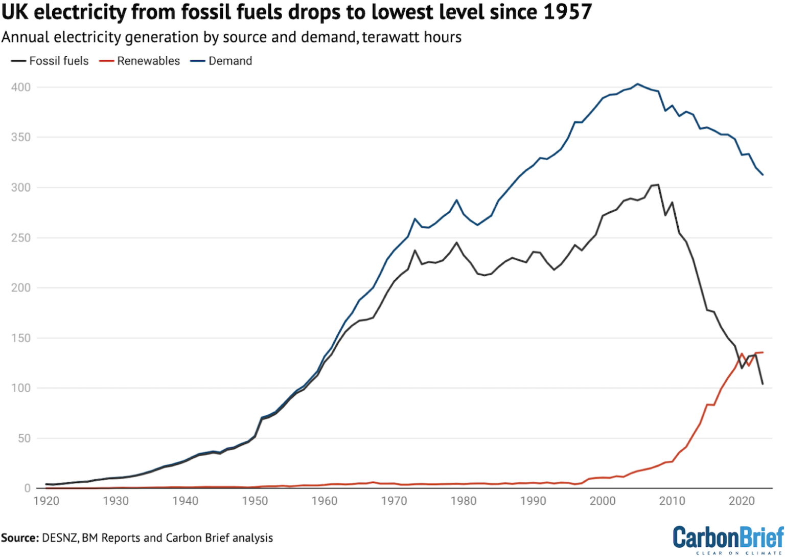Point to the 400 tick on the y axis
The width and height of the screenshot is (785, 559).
click(x=21, y=87)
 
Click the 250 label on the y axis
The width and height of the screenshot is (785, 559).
click(x=21, y=238)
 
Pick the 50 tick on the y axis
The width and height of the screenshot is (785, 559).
click(x=24, y=438)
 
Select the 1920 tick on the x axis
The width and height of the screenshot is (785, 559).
click(x=47, y=501)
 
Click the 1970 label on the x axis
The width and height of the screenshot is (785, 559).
click(x=394, y=501)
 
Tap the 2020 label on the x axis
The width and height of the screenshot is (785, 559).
click(x=742, y=501)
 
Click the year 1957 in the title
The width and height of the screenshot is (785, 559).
click(x=567, y=12)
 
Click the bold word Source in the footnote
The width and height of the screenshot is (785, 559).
click(x=19, y=538)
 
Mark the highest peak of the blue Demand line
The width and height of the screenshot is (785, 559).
click(x=637, y=84)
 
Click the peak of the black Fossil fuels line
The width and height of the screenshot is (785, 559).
click(x=658, y=185)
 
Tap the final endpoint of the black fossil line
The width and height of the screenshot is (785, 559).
click(x=763, y=384)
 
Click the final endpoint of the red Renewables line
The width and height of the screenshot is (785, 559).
click(x=763, y=352)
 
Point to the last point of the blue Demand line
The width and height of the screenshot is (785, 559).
click(x=763, y=175)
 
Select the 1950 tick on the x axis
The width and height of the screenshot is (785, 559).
click(x=255, y=501)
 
